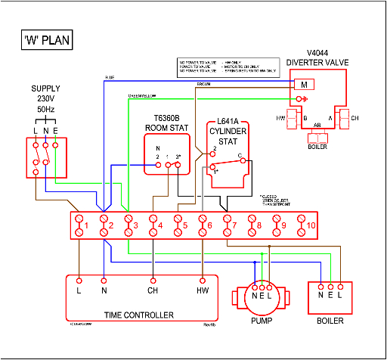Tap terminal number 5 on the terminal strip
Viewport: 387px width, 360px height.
point(178,225)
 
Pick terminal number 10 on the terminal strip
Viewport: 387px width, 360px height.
point(302,225)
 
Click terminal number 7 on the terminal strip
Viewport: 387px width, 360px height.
point(228,225)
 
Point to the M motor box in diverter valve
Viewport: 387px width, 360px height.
point(304,84)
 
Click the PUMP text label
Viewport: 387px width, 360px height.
point(261,321)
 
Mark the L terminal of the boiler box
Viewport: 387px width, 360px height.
point(341,287)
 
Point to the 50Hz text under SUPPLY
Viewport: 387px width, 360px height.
point(45,110)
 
